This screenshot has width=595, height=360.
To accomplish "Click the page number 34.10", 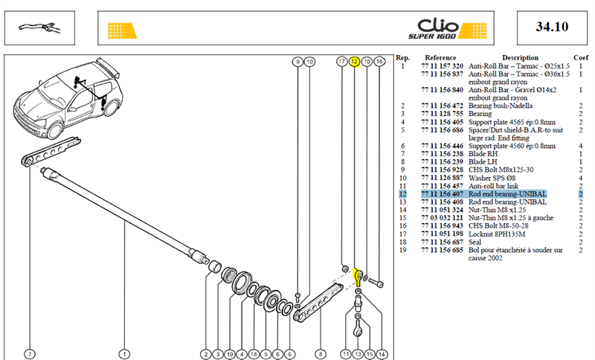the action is coord(552,27).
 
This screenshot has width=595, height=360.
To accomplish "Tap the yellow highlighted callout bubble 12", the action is coord(355,62).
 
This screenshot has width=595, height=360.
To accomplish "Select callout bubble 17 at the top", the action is coord(342,62).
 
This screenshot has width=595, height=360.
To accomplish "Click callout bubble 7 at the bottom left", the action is coord(30,354).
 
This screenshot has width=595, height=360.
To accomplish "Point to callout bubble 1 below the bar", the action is coord(124,354).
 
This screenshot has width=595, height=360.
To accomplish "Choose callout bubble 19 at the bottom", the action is coord(230,354).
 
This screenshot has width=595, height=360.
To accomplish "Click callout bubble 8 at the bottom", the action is coord(321,354).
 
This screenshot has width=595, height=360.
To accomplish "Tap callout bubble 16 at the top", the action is coord(379,62).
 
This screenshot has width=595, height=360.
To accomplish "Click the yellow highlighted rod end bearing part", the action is coord(358,277).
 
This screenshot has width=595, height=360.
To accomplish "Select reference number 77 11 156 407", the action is coord(442,194).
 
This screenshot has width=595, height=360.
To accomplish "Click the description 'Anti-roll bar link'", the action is coord(493,186).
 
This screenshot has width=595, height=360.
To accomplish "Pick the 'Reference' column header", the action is coord(440,58).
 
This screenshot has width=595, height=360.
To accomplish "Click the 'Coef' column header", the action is coord(581,58).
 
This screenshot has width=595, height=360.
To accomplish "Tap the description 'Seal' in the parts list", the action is coord(475,242).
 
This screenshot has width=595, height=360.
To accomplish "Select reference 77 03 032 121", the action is coord(442,218).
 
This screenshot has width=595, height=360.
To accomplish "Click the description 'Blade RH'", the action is coord(483,154).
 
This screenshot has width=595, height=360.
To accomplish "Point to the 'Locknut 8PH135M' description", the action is coord(497,234).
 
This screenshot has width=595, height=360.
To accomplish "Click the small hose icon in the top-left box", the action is coord(39,28).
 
